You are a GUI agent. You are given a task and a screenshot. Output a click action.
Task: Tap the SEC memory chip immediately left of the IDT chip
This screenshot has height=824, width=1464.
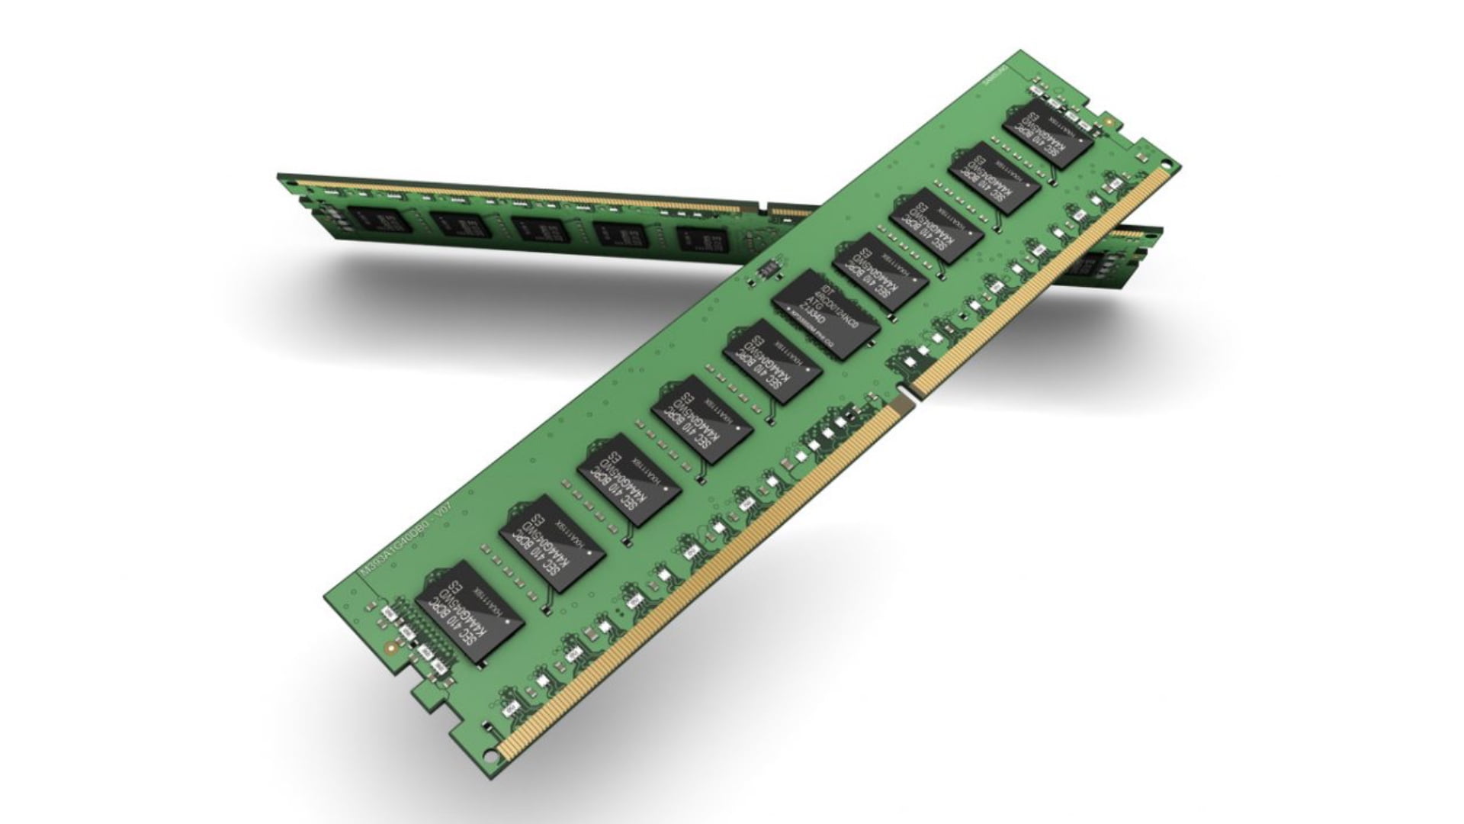pos(772,365)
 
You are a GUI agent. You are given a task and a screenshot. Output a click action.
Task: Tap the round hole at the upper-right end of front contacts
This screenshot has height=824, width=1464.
pos(1167,163)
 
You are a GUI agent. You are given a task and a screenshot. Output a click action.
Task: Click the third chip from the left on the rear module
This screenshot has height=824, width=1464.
pos(536,229)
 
